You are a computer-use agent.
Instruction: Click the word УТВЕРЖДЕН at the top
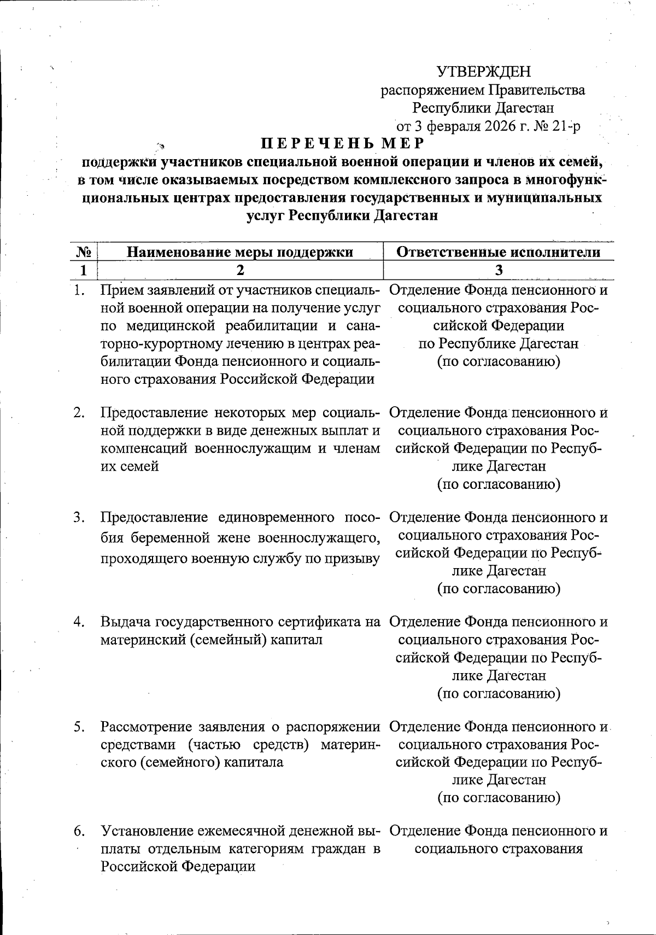(x=484, y=72)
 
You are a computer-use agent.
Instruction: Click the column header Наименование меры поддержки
(x=240, y=252)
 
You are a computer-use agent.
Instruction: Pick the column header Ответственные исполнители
(x=498, y=252)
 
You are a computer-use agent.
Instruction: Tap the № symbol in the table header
(x=83, y=252)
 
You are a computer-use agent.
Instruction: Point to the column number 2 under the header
(x=240, y=270)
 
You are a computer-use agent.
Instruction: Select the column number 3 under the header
(x=498, y=270)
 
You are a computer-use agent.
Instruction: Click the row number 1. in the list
(x=80, y=290)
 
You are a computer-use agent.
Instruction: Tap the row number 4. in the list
(x=80, y=622)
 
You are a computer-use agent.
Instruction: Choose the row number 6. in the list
(x=80, y=831)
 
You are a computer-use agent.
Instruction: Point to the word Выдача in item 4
(x=126, y=622)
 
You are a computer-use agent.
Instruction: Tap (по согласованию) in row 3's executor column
(x=499, y=589)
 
